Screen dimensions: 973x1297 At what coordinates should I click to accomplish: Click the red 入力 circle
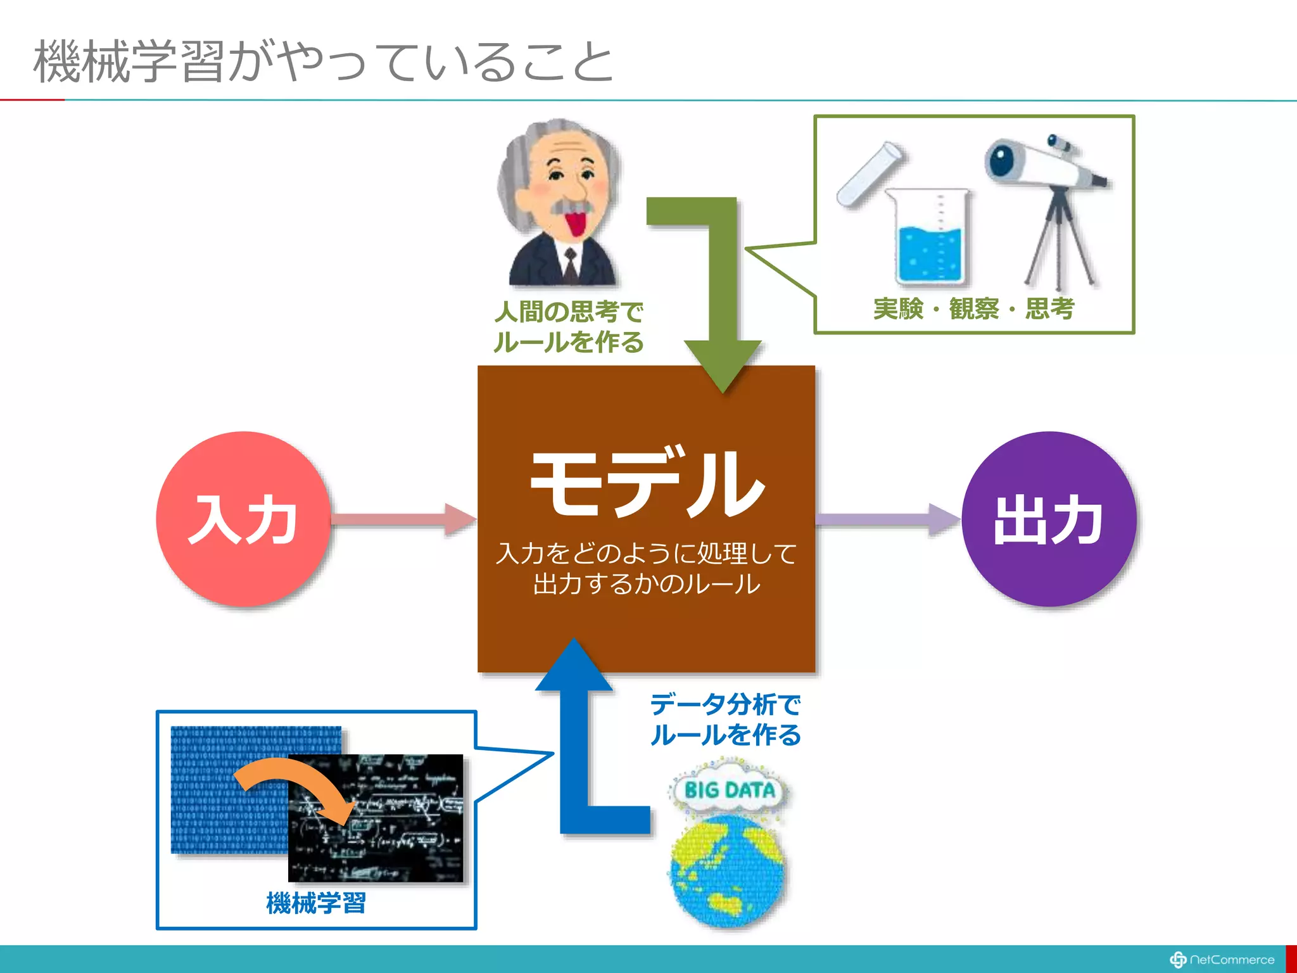click(243, 519)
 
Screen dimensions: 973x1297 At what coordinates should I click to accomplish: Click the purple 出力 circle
click(1049, 519)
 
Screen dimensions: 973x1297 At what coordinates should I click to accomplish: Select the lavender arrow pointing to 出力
click(887, 519)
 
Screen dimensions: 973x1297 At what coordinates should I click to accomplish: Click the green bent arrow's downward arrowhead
click(723, 365)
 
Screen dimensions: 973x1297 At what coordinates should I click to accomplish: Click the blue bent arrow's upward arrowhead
click(574, 665)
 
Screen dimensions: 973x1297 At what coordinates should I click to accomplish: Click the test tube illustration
click(869, 174)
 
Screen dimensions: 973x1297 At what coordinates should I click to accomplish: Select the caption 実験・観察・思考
click(973, 309)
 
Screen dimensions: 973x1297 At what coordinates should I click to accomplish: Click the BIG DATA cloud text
click(730, 790)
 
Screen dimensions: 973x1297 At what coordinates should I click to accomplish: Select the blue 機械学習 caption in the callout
click(315, 903)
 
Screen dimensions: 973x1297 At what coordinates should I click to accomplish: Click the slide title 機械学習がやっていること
click(323, 61)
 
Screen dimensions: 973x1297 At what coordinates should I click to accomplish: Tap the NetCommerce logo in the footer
click(1222, 959)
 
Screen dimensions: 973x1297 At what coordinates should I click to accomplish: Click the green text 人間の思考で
click(568, 312)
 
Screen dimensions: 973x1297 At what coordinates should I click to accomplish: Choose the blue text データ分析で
click(725, 704)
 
